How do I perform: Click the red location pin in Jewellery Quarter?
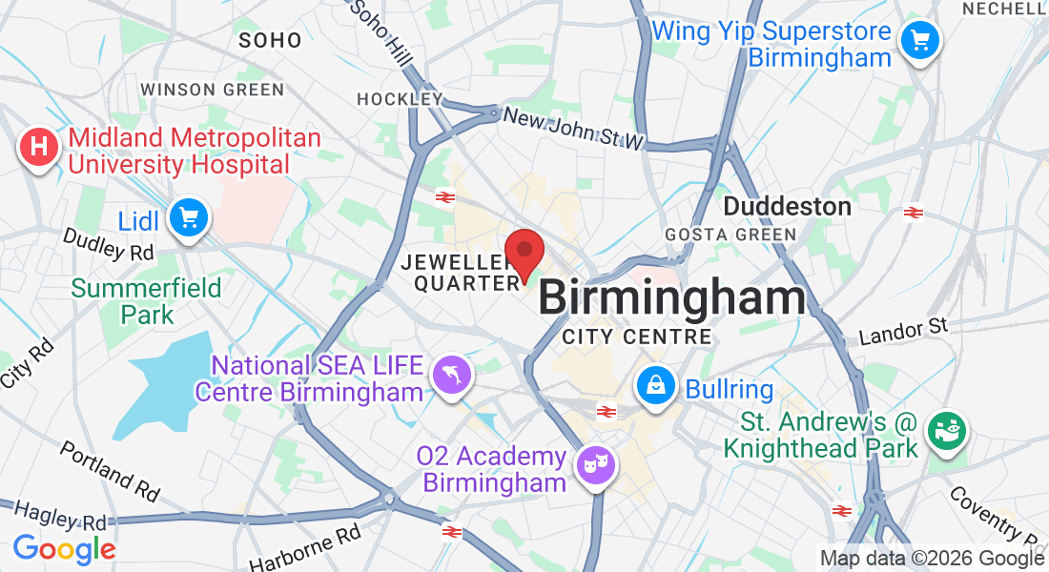524,252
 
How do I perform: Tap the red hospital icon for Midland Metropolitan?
39,149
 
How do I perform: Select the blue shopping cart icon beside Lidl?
188,219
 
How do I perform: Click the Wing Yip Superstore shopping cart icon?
919,40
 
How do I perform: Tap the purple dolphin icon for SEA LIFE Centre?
449,373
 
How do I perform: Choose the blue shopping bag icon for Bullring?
656,386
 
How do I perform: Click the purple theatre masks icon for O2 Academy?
597,464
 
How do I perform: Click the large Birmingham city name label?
672,298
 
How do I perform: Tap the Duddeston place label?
787,206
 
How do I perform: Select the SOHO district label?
270,40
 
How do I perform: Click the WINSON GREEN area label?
212,90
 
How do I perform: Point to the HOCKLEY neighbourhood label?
400,98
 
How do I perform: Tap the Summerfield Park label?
147,300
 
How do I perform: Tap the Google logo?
64,549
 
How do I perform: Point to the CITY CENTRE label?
636,337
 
